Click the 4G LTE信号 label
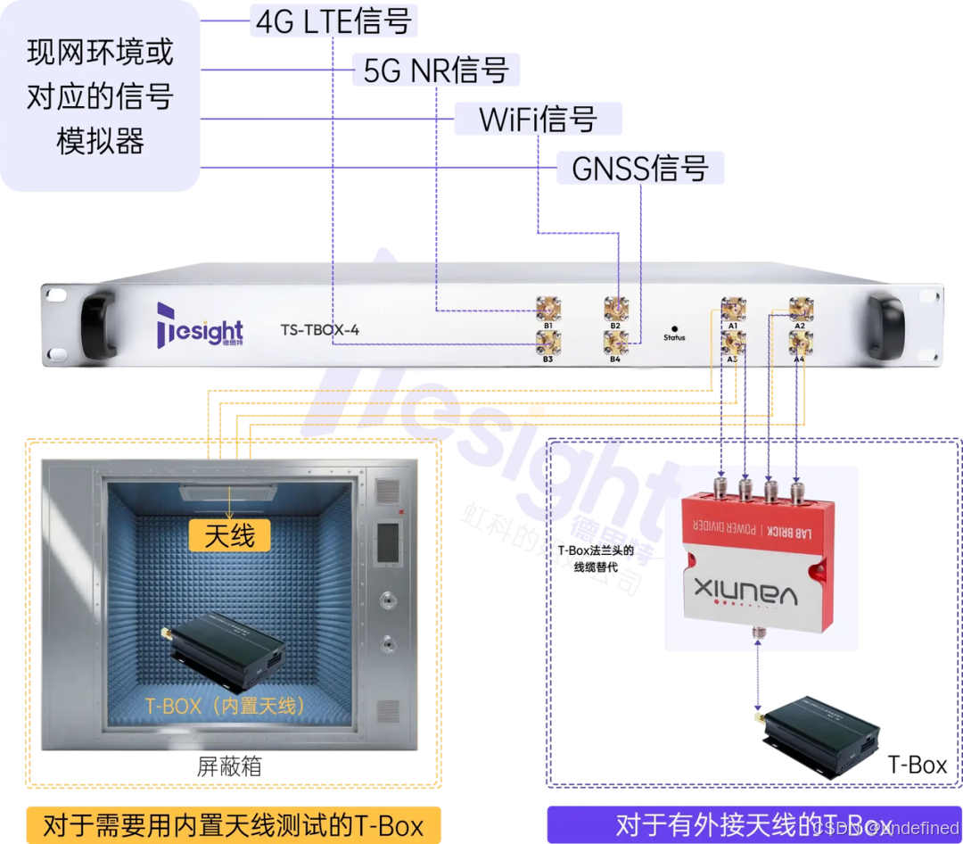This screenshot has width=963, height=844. (x=333, y=21)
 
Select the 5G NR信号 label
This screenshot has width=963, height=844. (x=435, y=70)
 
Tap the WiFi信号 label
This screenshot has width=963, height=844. (x=538, y=119)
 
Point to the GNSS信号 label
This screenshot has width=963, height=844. (x=639, y=168)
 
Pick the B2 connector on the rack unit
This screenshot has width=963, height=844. (x=614, y=309)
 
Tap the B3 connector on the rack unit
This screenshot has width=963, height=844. (x=547, y=340)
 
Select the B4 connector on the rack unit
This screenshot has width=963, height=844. (x=614, y=340)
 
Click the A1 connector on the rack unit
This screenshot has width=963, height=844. (x=732, y=309)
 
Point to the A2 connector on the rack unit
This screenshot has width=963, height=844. (x=799, y=309)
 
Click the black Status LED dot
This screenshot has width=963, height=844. (x=674, y=328)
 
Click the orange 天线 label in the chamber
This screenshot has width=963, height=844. (x=229, y=535)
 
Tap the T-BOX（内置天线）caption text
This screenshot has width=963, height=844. (x=226, y=705)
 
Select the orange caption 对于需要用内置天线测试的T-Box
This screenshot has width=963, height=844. (x=233, y=823)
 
